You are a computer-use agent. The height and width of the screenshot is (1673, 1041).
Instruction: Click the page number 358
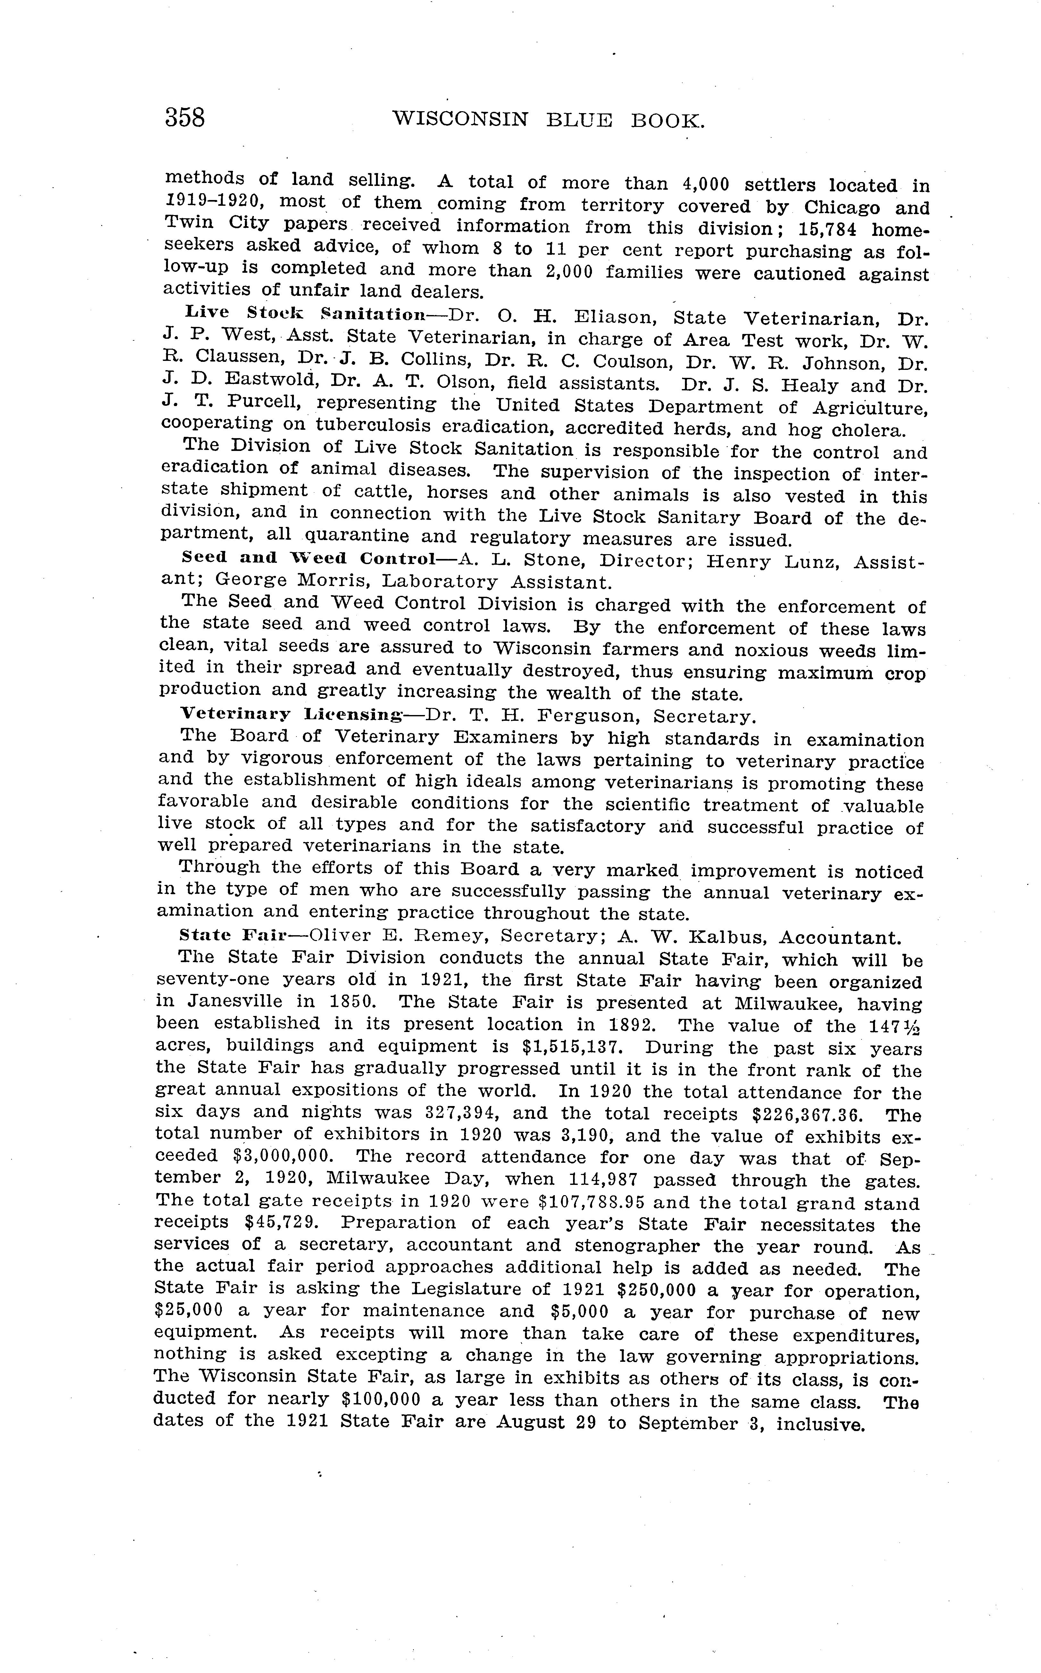(185, 118)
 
